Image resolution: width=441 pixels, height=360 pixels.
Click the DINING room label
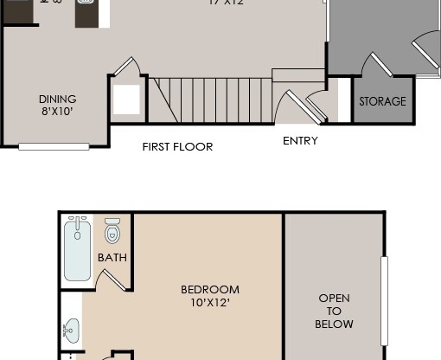point(57,99)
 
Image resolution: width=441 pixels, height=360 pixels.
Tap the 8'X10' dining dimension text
point(57,112)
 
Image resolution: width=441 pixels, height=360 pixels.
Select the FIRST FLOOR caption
point(177,147)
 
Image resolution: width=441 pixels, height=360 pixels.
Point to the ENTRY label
point(300,140)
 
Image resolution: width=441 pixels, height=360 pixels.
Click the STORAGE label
point(382,101)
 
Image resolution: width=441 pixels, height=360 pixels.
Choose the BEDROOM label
point(209,290)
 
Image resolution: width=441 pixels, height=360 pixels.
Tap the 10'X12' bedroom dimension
point(209,303)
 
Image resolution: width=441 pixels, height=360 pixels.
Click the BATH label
point(112,257)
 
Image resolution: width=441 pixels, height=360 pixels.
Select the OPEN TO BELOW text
point(334,312)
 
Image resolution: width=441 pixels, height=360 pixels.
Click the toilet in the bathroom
point(112,231)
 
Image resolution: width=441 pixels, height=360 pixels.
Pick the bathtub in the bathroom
point(78,248)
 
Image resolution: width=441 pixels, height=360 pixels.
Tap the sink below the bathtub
point(71,330)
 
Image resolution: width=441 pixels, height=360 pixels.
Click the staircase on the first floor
point(213,100)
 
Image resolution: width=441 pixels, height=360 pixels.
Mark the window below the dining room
point(54,147)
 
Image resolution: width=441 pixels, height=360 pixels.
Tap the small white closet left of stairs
point(126,99)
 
